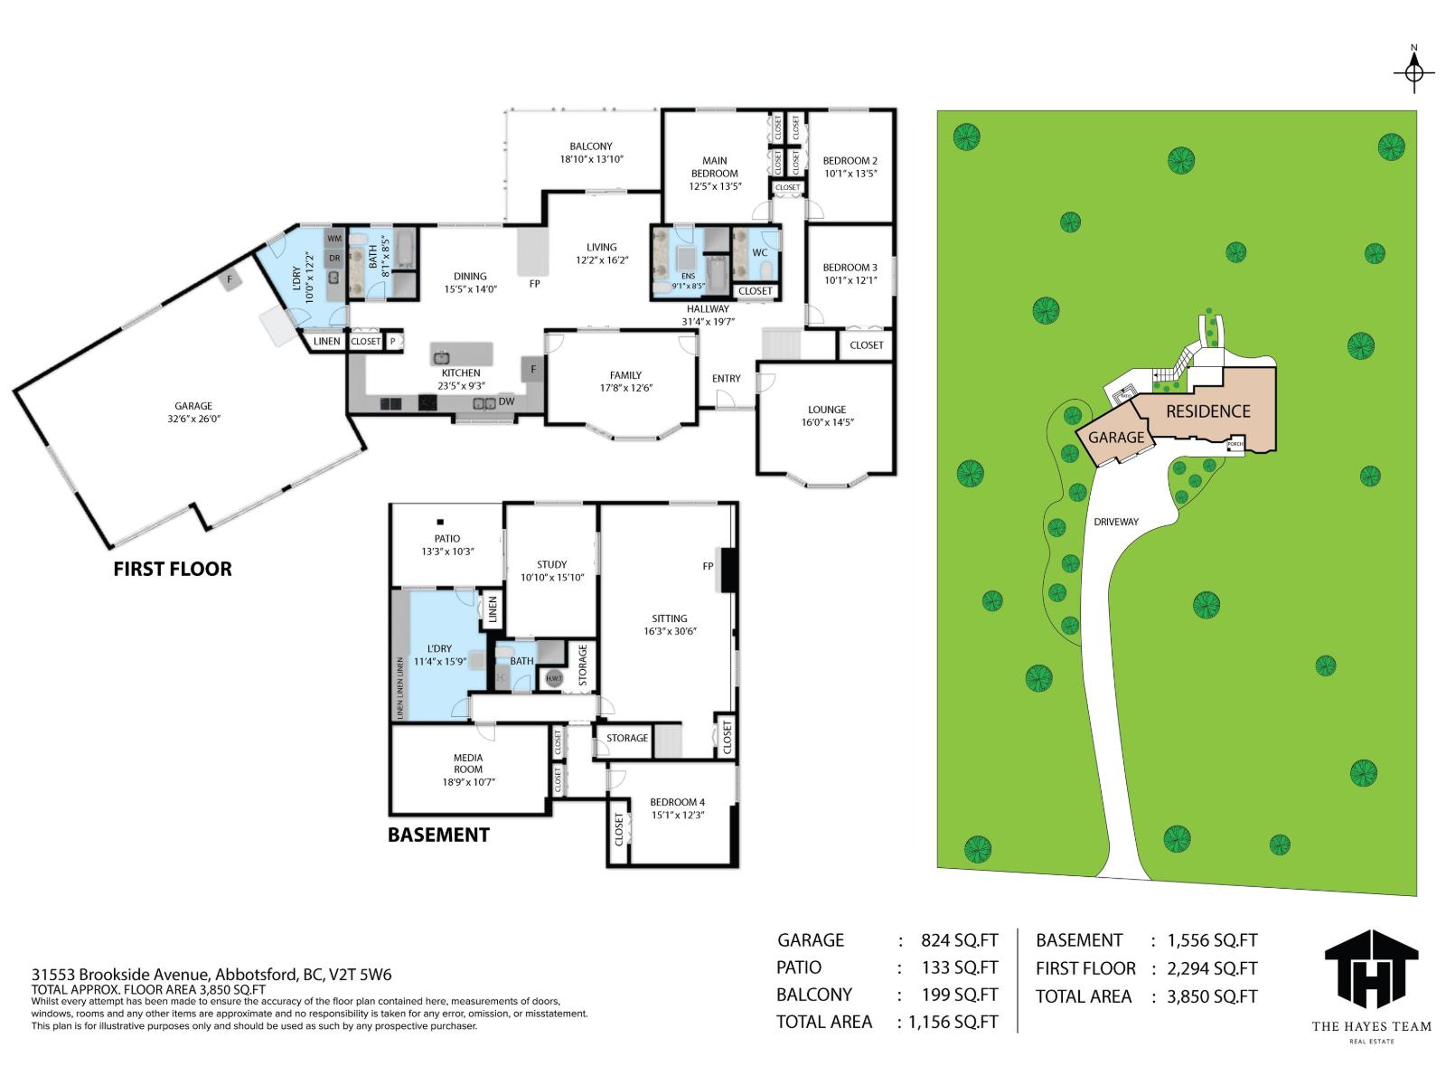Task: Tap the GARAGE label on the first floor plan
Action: click(x=193, y=412)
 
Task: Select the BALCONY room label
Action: click(x=591, y=152)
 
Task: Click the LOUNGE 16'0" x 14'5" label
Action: click(x=827, y=416)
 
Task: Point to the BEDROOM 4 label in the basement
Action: click(x=677, y=808)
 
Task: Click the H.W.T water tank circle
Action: click(x=553, y=678)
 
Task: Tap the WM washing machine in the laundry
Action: click(x=334, y=239)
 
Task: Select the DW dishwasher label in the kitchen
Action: click(x=506, y=401)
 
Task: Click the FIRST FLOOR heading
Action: click(x=173, y=569)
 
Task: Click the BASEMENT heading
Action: click(x=438, y=835)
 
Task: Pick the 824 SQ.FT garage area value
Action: click(x=959, y=940)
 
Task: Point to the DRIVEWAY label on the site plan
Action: click(x=1116, y=522)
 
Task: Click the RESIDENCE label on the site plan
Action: click(x=1207, y=411)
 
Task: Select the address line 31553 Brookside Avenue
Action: click(x=211, y=975)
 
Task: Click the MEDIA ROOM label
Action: click(x=468, y=769)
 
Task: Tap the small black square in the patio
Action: click(x=441, y=522)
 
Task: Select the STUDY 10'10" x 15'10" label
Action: click(x=551, y=571)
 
